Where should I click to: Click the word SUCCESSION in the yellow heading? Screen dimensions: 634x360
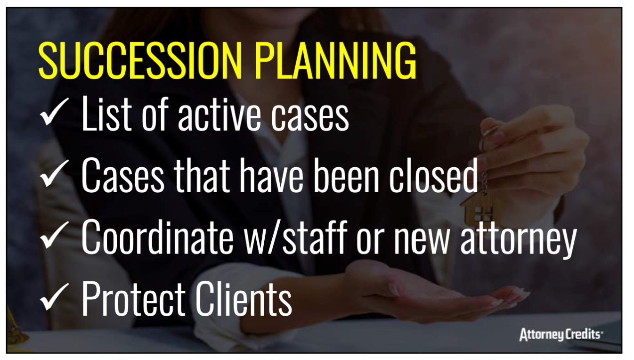point(140,60)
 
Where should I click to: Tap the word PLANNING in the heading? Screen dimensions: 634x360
point(335,60)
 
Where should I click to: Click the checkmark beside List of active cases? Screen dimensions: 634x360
point(54,111)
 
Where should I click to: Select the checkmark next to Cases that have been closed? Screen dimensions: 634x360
point(54,173)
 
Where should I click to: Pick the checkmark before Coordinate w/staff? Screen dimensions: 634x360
point(54,235)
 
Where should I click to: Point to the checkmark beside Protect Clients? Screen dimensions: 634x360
point(54,296)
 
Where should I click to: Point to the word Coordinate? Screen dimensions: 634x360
point(157,237)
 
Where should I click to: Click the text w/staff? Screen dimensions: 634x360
point(296,237)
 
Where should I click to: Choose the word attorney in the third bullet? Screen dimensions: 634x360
point(519,240)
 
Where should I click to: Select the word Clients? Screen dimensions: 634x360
point(244,298)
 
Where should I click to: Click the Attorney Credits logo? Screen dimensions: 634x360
point(561,335)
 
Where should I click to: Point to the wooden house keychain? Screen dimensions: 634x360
point(479,209)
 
